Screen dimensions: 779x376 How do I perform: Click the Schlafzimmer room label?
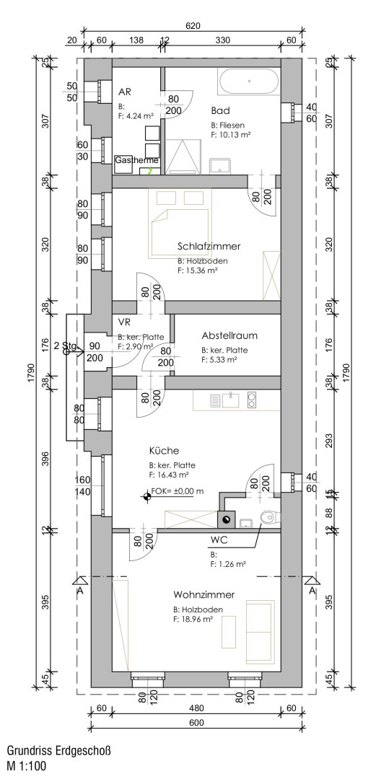tap(208, 246)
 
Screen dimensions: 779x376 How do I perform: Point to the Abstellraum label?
tap(229, 335)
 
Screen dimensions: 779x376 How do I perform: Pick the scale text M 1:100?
tap(26, 766)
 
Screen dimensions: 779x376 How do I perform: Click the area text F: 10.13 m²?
tap(231, 134)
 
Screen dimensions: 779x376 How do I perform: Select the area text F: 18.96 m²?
tap(193, 619)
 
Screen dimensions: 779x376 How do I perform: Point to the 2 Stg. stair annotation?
tap(64, 346)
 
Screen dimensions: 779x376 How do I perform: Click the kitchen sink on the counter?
tap(231, 399)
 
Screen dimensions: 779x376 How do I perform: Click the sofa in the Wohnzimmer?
tap(260, 628)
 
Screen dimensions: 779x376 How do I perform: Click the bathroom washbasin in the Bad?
tap(220, 166)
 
